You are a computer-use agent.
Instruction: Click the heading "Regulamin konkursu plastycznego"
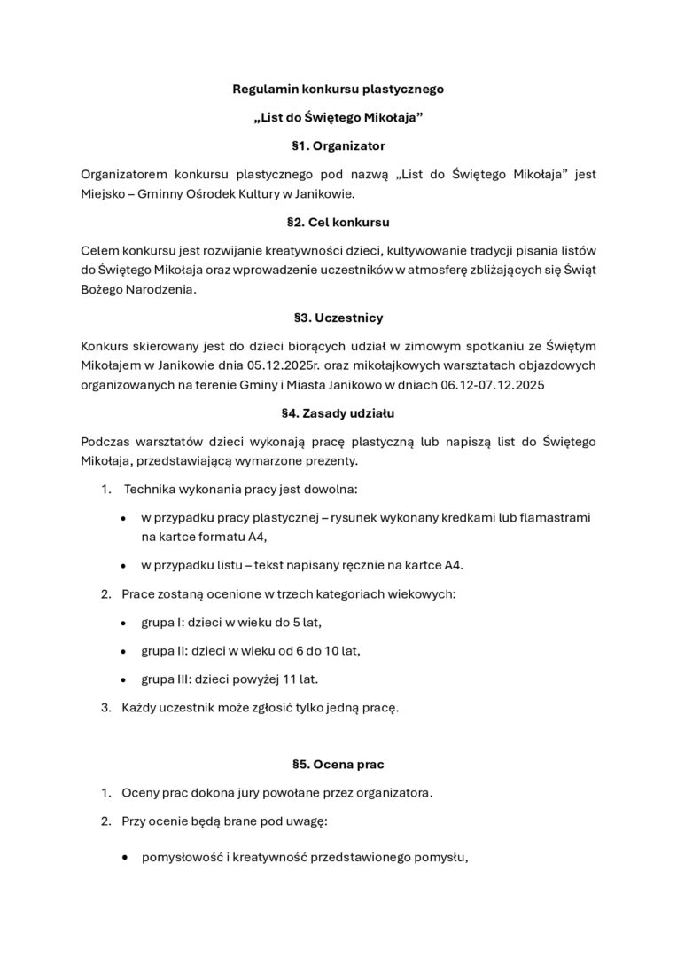point(338,90)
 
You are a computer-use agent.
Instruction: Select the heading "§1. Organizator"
point(338,145)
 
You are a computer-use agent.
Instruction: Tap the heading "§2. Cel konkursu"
point(338,222)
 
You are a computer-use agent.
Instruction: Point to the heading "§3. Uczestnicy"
point(338,317)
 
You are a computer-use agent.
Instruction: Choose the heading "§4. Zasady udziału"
point(338,412)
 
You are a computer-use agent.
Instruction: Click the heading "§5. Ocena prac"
point(338,763)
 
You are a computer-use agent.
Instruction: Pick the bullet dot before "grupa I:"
point(122,624)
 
